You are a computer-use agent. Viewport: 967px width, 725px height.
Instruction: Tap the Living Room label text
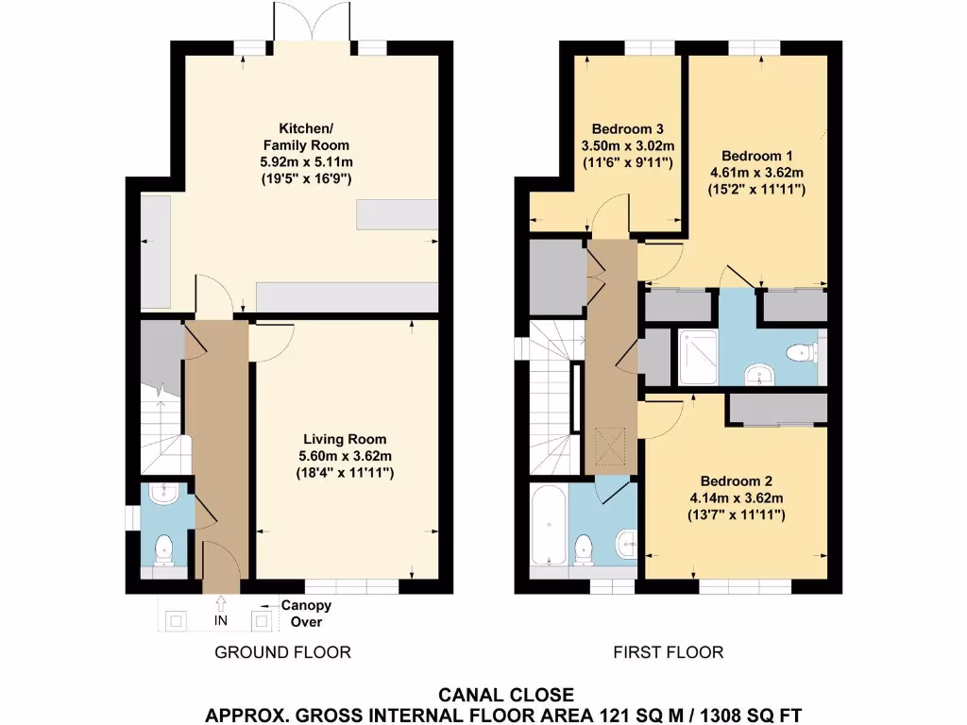[x=345, y=439]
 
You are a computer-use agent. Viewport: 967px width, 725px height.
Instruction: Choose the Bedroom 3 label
[x=627, y=129]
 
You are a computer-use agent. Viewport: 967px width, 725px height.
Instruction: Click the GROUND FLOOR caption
[x=282, y=652]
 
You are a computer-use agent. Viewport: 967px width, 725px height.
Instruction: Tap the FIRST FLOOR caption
[x=669, y=652]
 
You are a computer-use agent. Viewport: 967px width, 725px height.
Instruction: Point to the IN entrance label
[x=221, y=621]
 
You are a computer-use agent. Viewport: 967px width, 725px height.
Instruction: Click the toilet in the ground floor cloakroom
[x=165, y=548]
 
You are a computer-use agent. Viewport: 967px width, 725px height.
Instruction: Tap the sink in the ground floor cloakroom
[x=164, y=494]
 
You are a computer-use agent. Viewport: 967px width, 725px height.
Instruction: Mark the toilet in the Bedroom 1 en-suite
[x=801, y=353]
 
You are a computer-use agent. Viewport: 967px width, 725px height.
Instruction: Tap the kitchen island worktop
[x=398, y=214]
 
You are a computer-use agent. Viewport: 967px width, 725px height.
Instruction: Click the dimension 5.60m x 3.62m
[x=345, y=456]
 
